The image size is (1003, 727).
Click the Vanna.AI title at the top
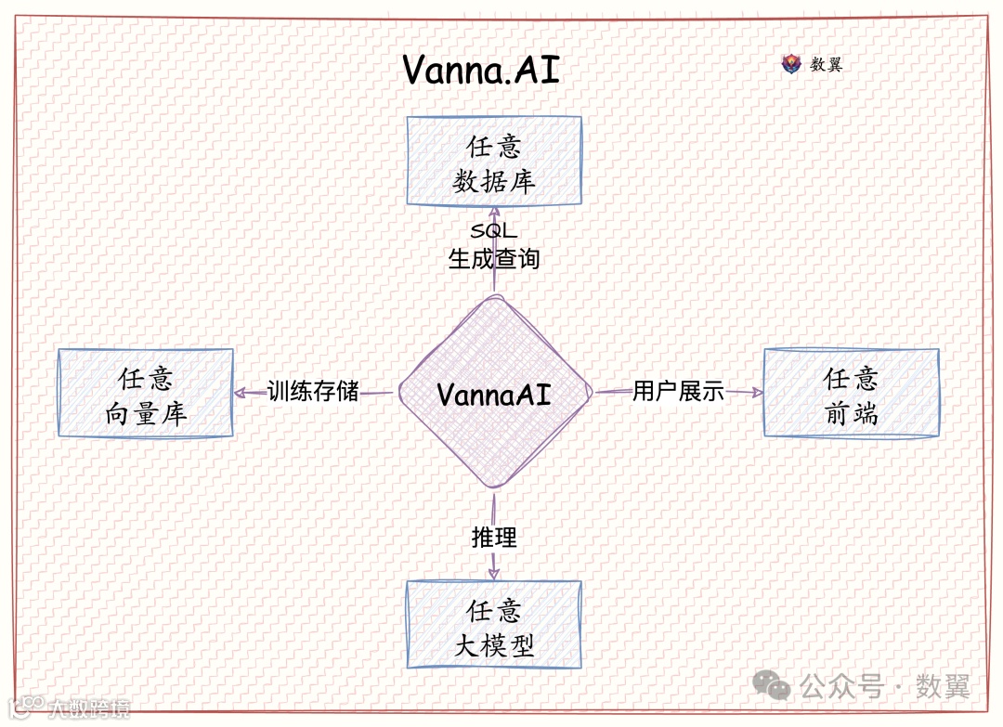(x=481, y=70)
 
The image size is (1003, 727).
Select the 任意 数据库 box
(x=494, y=161)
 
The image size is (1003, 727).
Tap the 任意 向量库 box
(x=145, y=393)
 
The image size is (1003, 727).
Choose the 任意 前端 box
(x=851, y=393)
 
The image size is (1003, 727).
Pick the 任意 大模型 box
(x=494, y=625)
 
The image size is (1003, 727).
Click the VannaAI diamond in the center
(x=494, y=394)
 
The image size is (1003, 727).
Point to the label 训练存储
(x=313, y=391)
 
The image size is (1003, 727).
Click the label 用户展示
(x=678, y=391)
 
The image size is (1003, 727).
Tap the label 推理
(x=494, y=537)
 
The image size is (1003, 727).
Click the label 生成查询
(x=494, y=258)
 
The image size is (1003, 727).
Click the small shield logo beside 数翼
(x=791, y=64)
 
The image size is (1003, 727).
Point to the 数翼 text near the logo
(x=827, y=64)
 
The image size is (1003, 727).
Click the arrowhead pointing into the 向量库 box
(x=239, y=393)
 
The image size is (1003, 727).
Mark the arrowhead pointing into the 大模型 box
(x=493, y=573)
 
